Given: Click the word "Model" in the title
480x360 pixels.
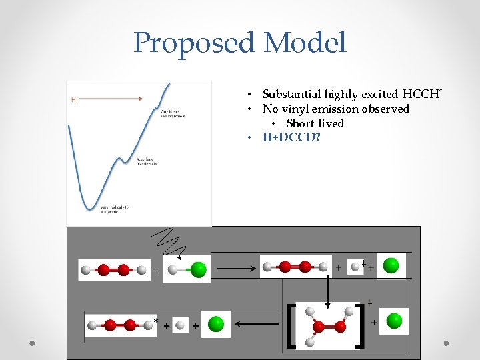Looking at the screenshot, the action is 305,43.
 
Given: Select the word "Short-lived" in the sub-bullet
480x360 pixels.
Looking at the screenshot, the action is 315,123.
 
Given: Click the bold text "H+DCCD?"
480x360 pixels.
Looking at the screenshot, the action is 291,138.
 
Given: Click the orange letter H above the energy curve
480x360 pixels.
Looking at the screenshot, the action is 73,100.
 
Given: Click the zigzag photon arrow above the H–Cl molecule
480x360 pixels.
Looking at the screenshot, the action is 171,241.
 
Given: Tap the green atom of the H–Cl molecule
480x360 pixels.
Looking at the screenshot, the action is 198,270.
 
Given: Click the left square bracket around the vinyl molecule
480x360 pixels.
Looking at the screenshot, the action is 291,325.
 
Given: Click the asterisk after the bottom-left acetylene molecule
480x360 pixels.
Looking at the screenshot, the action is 156,321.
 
